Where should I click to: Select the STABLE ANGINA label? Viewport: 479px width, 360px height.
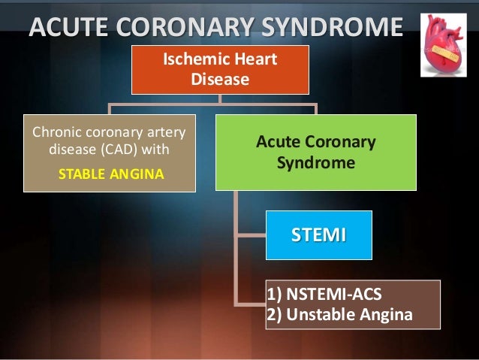[112, 175]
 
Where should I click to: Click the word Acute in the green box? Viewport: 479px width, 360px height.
[282, 143]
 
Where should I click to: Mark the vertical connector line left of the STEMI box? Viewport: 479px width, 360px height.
[236, 248]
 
